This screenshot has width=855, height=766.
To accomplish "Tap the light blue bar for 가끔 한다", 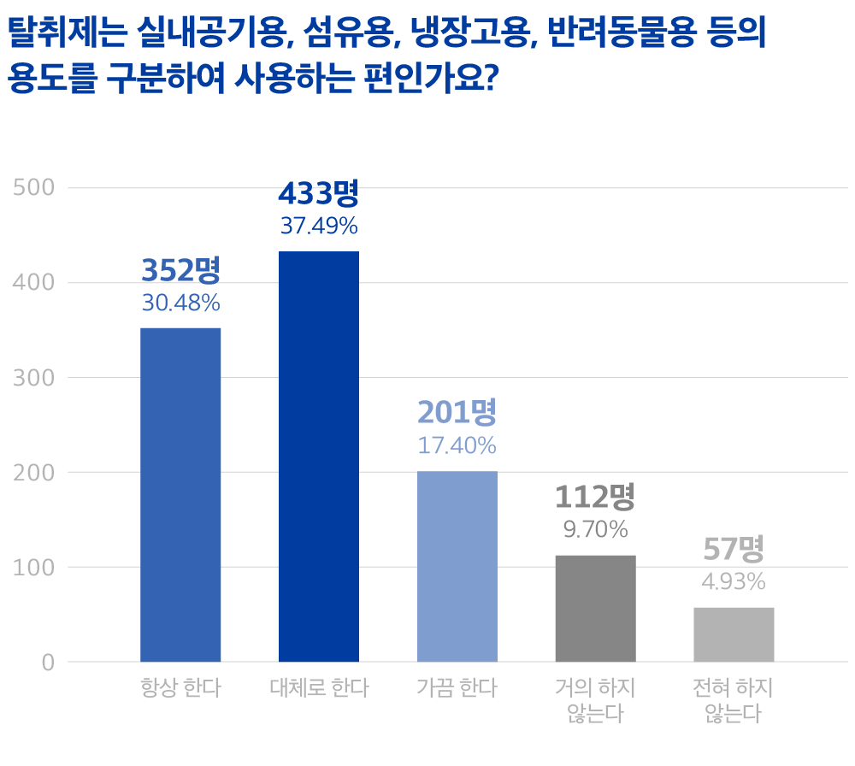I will coord(457,566).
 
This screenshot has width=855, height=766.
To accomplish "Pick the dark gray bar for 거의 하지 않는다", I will coord(596,608).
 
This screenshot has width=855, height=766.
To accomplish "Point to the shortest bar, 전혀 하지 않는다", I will coord(734,633).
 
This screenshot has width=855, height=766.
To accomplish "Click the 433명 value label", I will coord(319,194).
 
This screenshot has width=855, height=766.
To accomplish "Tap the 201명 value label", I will coord(457,413).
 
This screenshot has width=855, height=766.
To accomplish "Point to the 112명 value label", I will coord(595,497).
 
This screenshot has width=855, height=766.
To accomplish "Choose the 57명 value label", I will coord(733,548).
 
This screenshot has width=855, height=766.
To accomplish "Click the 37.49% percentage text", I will coord(319,227).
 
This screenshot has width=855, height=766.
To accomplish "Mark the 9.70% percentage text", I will coord(595,529).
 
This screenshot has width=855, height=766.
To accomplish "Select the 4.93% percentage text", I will coord(733,582).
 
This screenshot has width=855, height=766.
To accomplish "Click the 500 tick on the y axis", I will coord(34,187).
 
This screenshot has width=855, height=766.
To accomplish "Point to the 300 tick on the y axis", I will coord(34,377).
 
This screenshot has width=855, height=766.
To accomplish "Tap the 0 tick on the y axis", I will coord(48,662).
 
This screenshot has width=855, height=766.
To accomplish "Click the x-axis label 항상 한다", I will coord(180,687).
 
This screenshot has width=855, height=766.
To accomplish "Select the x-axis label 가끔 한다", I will coord(457,687).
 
